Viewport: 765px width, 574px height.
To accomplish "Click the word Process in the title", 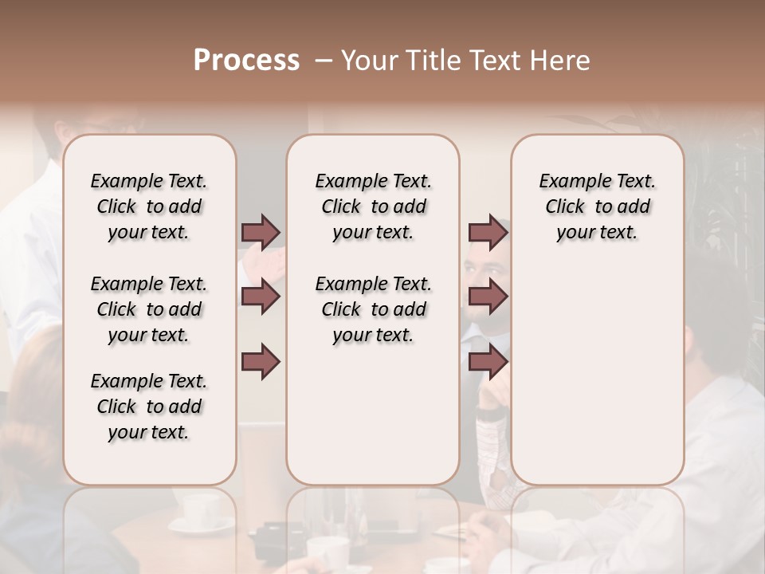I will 246,61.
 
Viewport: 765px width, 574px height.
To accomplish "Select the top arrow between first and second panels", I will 261,232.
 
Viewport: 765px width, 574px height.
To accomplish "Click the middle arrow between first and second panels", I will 261,297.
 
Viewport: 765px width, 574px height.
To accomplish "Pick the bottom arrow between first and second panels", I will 261,362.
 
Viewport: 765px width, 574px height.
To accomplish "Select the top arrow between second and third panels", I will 488,232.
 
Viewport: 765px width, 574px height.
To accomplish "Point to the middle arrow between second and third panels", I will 488,297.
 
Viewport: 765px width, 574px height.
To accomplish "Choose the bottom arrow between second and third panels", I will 488,362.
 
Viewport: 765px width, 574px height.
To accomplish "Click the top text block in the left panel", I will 149,206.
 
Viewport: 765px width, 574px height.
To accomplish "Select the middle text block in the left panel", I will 149,309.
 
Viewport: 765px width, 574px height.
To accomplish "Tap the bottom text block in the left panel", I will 149,407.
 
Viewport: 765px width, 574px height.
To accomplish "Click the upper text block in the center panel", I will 373,206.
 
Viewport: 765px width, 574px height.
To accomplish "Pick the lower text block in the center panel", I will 373,309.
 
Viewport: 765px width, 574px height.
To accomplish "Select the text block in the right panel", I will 597,206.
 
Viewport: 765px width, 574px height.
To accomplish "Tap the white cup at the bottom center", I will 327,550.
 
